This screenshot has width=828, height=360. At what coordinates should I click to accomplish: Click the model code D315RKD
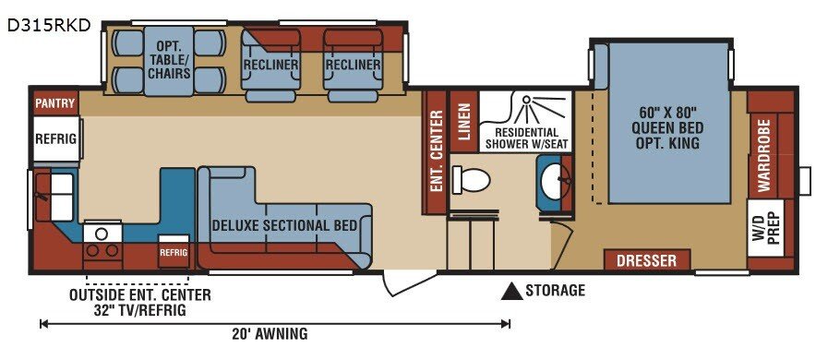49,25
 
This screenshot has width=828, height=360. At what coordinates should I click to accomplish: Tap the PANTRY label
54,103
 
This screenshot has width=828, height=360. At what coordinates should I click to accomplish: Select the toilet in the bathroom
472,180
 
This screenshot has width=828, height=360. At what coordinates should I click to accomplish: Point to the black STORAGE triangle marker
511,292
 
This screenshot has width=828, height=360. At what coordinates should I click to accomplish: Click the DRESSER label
646,260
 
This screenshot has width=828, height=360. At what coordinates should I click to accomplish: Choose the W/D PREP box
765,227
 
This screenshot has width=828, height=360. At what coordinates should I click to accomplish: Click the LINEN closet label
464,122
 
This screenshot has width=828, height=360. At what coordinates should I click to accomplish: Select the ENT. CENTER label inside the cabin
437,151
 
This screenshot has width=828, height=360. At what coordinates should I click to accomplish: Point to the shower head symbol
526,100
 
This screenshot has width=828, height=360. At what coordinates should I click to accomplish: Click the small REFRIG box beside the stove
174,251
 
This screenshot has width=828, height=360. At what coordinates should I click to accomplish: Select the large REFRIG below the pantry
56,138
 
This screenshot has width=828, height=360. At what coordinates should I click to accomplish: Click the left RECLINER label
270,65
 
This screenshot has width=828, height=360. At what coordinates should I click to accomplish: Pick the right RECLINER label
353,65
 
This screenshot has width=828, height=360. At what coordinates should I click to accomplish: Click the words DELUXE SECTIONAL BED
284,225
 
